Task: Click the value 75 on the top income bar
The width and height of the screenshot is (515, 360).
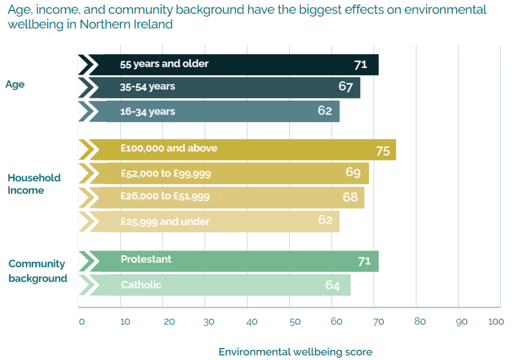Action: [383, 151]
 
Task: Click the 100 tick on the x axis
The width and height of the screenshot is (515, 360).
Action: [496, 322]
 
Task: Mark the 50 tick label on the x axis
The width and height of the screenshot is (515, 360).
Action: [295, 322]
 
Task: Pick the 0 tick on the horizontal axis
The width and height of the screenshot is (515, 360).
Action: [81, 322]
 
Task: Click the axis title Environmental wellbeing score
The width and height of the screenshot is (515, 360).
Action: [295, 352]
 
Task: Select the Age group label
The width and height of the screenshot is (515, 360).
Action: [15, 84]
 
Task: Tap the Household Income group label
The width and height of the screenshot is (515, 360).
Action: [34, 184]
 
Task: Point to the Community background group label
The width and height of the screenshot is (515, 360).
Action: [38, 271]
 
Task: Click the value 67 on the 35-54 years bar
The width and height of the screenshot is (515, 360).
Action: [346, 86]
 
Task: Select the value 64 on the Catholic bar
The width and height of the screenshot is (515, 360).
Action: [332, 286]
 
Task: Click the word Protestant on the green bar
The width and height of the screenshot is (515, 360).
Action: [146, 259]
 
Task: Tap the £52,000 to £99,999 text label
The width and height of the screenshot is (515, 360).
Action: [165, 174]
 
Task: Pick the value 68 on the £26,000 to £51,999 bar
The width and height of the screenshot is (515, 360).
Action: [350, 197]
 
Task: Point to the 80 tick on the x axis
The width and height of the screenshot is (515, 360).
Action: [420, 322]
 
